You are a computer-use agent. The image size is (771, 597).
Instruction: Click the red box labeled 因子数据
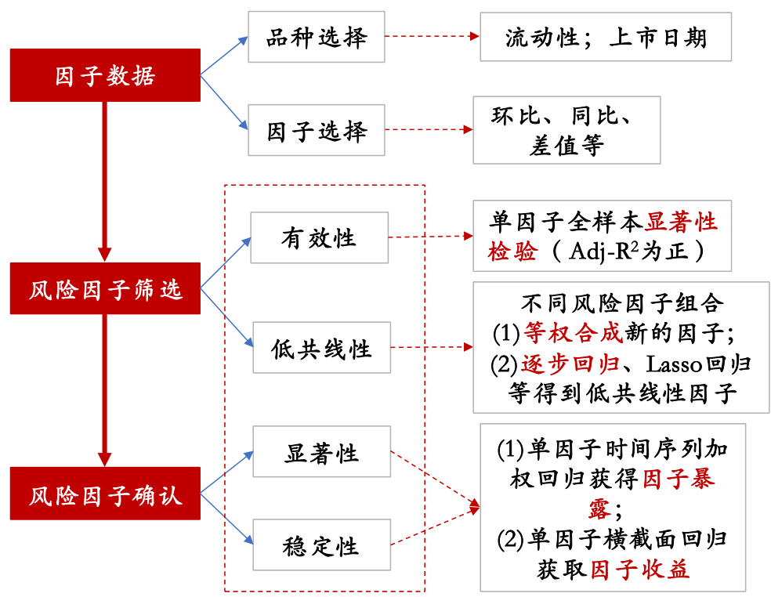[x=105, y=75]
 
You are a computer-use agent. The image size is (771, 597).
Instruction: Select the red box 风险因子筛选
[x=105, y=289]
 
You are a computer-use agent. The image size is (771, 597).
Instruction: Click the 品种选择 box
[x=316, y=37]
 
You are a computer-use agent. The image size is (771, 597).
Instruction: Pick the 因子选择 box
[x=316, y=130]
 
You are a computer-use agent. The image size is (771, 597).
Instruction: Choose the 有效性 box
[x=319, y=237]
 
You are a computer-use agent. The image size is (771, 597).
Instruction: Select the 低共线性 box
[x=320, y=347]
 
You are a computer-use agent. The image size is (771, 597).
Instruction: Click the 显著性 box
[x=321, y=452]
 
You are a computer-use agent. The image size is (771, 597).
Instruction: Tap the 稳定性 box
[x=321, y=545]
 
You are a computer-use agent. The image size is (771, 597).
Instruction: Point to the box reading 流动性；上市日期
[x=605, y=37]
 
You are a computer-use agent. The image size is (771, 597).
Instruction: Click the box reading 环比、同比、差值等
[x=566, y=130]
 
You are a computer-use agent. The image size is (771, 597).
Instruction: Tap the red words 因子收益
[x=640, y=569]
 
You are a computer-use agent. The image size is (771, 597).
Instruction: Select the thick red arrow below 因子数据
[x=104, y=180]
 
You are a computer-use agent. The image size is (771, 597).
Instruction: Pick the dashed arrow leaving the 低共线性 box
[x=432, y=346]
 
